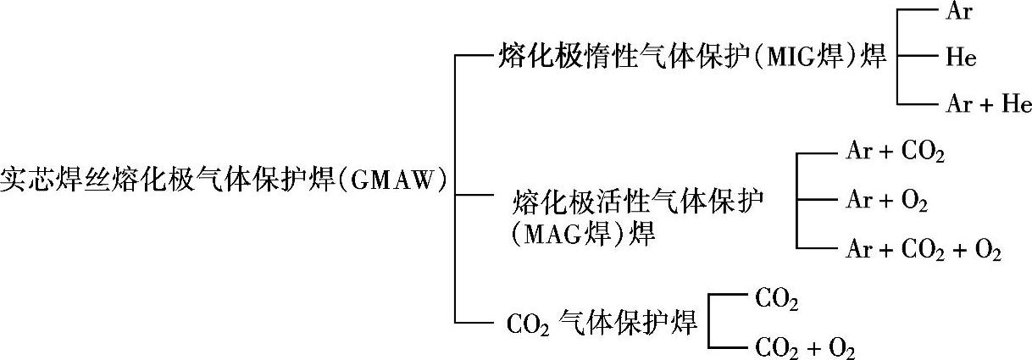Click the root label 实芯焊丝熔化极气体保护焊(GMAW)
pos(223,181)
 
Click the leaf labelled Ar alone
pos(957,13)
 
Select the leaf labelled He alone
pos(960,58)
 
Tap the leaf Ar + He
pos(987,104)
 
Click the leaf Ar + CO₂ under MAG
pos(895,153)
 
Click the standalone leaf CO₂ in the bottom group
pos(776,297)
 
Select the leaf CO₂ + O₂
pos(804,346)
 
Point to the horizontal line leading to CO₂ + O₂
pos(728,346)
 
